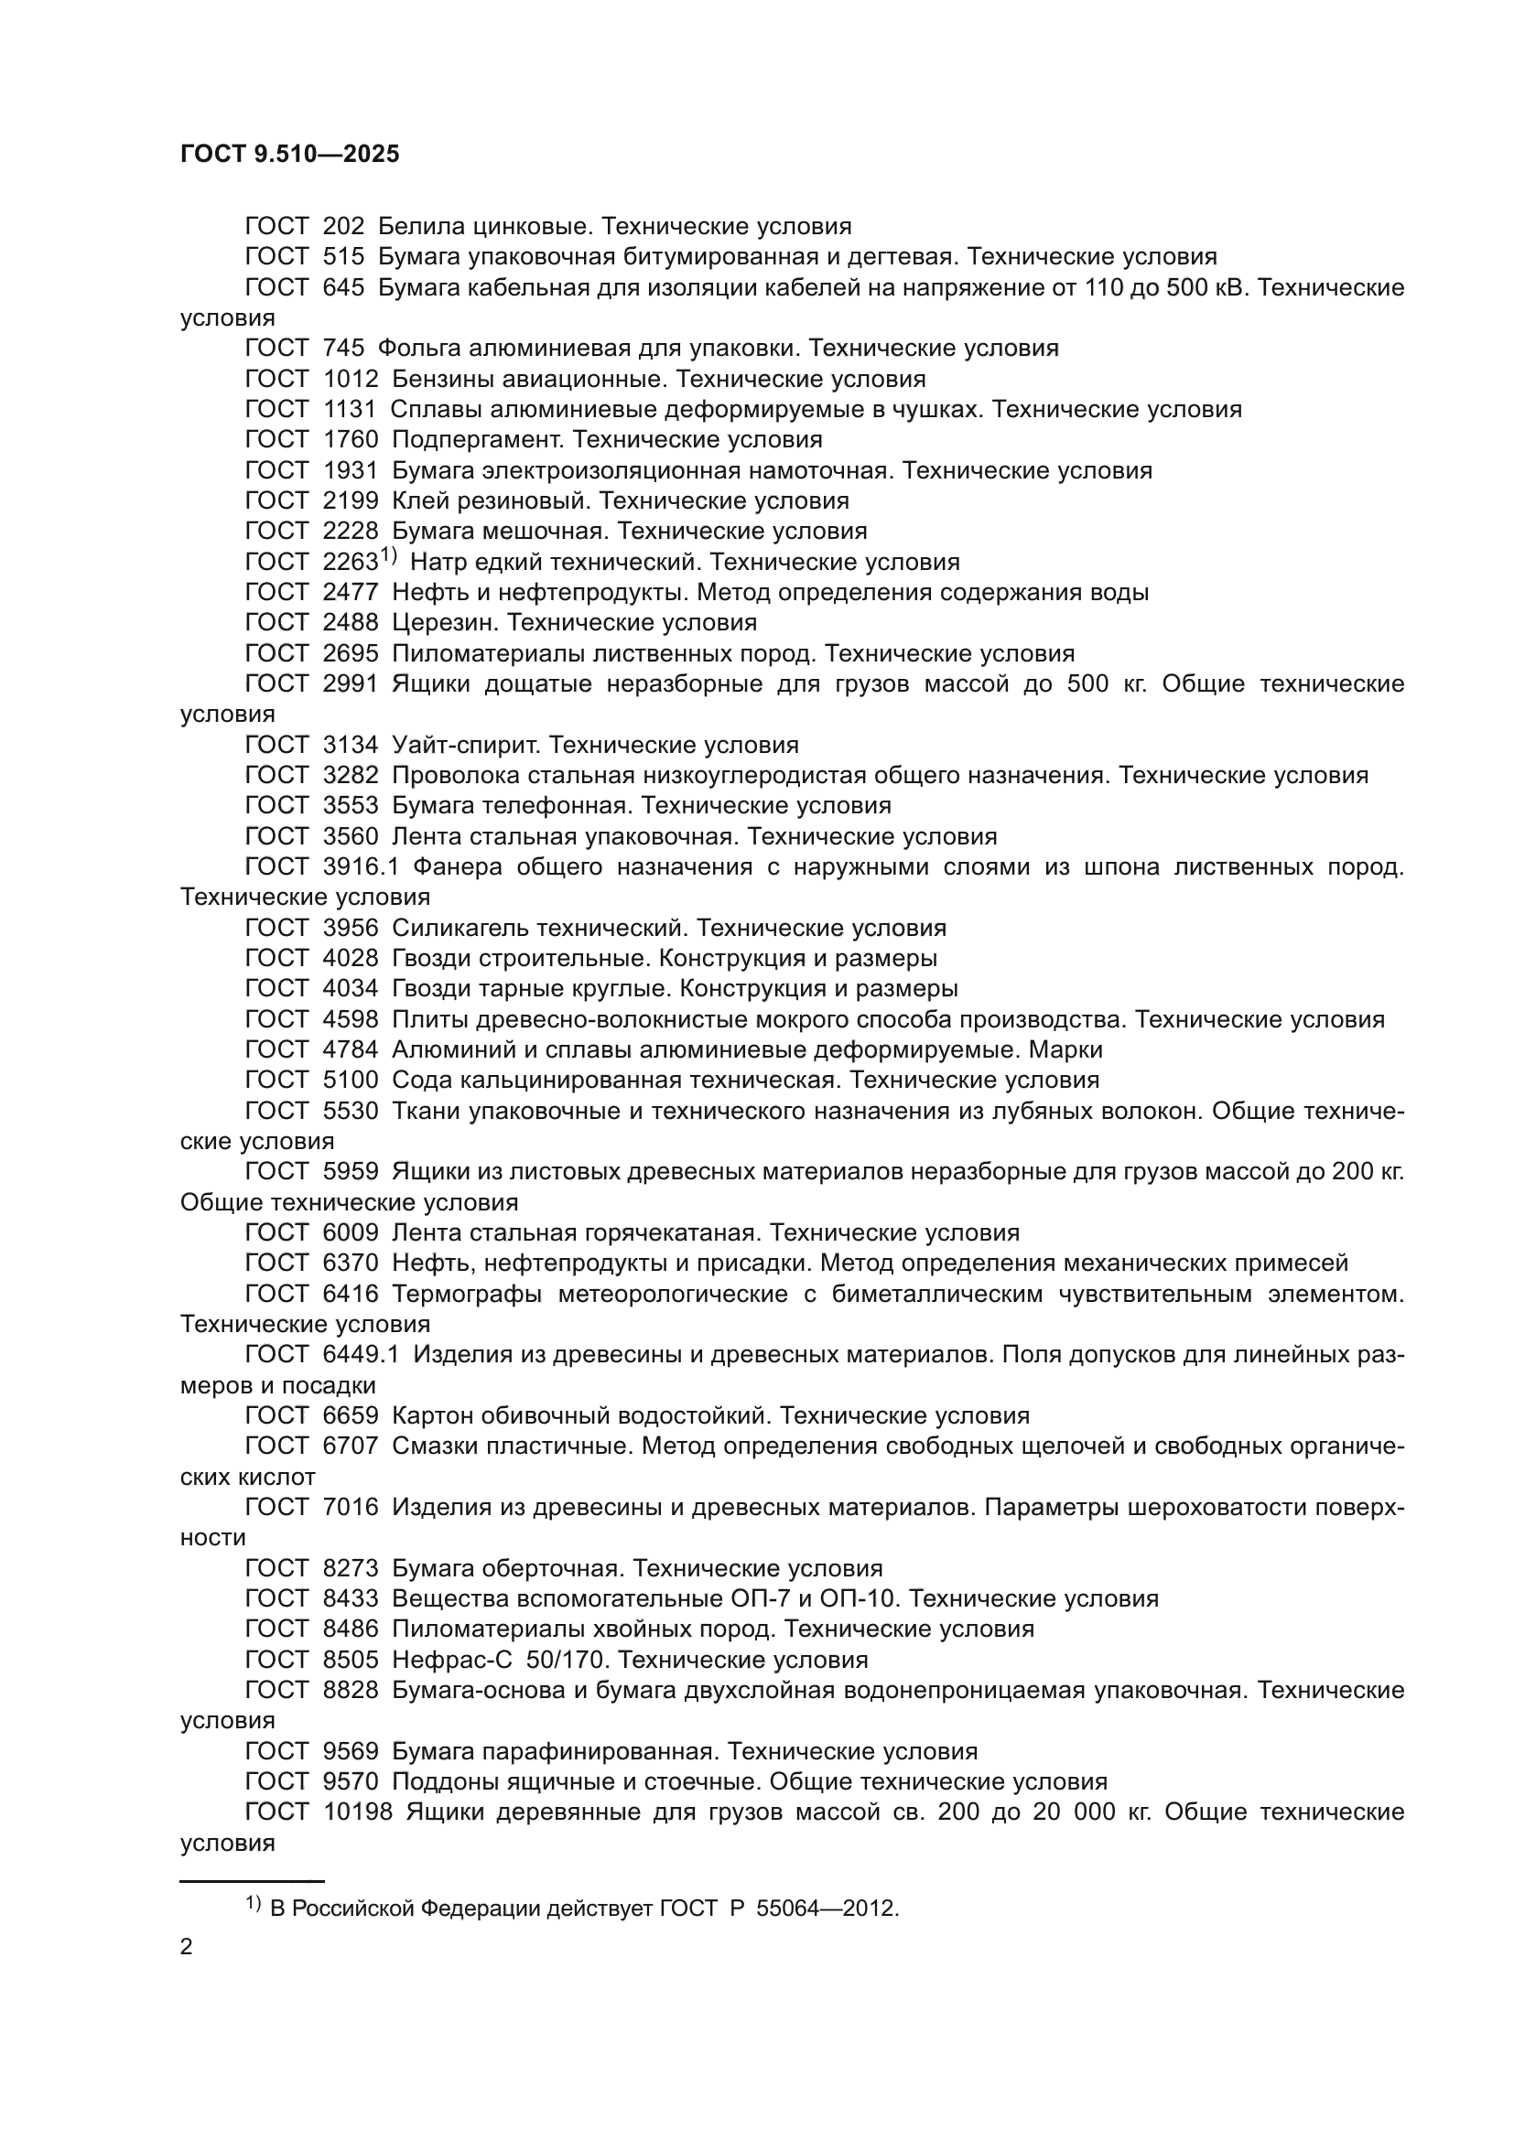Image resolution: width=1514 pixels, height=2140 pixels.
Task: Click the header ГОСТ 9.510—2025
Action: [290, 155]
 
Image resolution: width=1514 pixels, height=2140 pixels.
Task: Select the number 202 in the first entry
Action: [343, 227]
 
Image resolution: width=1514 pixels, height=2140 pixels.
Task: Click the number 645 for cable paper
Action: [343, 288]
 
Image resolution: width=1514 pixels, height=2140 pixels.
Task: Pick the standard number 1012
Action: [351, 380]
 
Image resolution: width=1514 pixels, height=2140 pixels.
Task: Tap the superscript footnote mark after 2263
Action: [389, 556]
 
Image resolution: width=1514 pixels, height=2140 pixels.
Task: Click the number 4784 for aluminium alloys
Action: [351, 1050]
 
